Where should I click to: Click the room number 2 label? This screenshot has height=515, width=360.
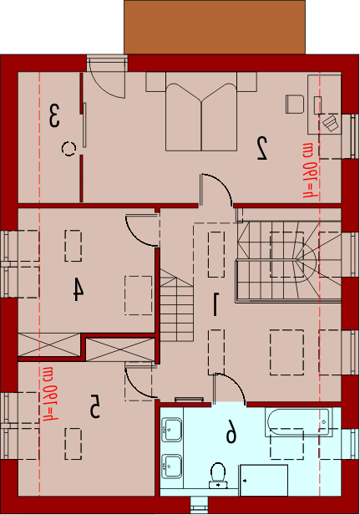pyautogui.click(x=262, y=148)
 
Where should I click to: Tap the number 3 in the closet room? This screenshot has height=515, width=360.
pyautogui.click(x=54, y=115)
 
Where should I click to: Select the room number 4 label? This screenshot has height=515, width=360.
pyautogui.click(x=79, y=289)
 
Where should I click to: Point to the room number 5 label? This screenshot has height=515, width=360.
pyautogui.click(x=95, y=406)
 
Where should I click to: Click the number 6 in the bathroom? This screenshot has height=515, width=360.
pyautogui.click(x=231, y=431)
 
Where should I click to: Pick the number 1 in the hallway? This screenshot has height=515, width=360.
pyautogui.click(x=215, y=304)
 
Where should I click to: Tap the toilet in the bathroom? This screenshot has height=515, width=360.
pyautogui.click(x=218, y=475)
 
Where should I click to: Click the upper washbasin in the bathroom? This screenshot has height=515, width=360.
pyautogui.click(x=171, y=429)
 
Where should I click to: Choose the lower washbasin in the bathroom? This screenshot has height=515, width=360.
pyautogui.click(x=171, y=466)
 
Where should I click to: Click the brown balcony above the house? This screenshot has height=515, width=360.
pyautogui.click(x=215, y=28)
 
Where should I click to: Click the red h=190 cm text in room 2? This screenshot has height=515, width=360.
pyautogui.click(x=311, y=171)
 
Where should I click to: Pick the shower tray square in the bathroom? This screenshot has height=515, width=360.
pyautogui.click(x=264, y=480)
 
